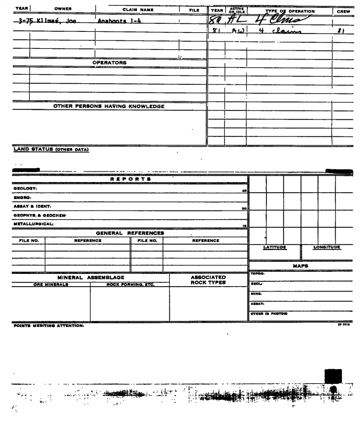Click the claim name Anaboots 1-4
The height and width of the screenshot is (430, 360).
tap(116, 20)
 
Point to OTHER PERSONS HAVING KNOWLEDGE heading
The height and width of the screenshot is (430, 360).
tap(109, 106)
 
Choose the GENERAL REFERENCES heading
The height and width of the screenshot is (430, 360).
tap(130, 233)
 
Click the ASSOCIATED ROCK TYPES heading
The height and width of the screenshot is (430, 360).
tap(208, 280)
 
